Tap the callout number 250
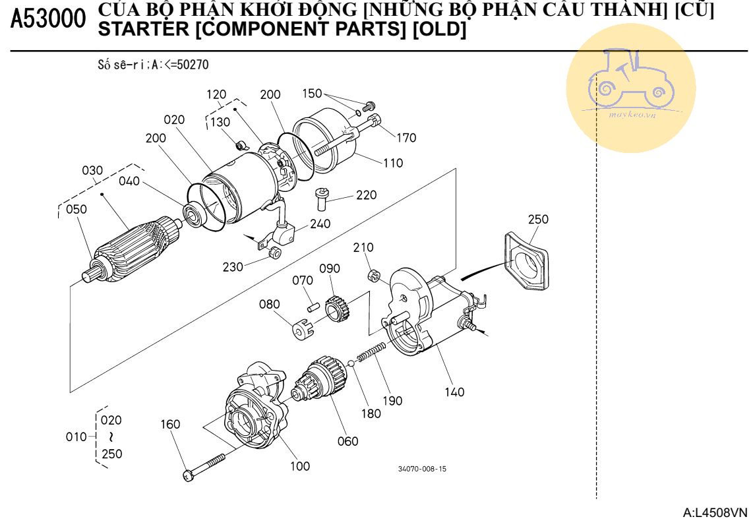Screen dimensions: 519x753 pyautogui.click(x=537, y=219)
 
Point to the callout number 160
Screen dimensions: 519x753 pyautogui.click(x=171, y=424)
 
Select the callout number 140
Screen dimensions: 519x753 pyautogui.click(x=454, y=392)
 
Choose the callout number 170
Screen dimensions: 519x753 pyautogui.click(x=406, y=138)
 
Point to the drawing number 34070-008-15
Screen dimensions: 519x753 pyautogui.click(x=422, y=469)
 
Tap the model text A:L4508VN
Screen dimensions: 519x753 pyautogui.click(x=715, y=512)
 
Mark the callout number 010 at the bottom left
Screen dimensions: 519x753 pyautogui.click(x=76, y=437)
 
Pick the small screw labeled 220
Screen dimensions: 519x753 pyautogui.click(x=322, y=197)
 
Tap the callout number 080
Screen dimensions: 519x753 pyautogui.click(x=269, y=304)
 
